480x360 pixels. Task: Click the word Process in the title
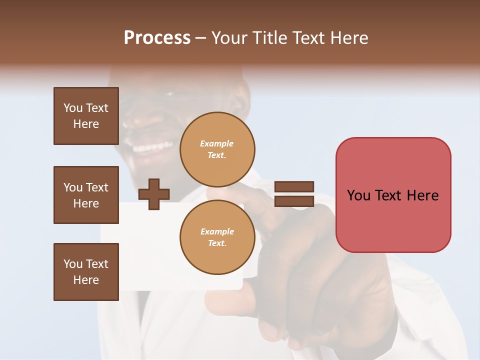point(157,38)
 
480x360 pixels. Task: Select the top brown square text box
point(86,116)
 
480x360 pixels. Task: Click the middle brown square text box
point(86,195)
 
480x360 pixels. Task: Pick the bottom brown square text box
point(86,272)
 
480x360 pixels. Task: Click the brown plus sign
point(154,193)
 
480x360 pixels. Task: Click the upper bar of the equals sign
point(294,187)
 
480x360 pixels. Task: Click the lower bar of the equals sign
point(294,201)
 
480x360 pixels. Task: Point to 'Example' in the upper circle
point(217,143)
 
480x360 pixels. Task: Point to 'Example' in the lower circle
point(217,231)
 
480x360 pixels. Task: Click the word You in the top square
point(73,108)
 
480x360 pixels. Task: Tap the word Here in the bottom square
point(86,280)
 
